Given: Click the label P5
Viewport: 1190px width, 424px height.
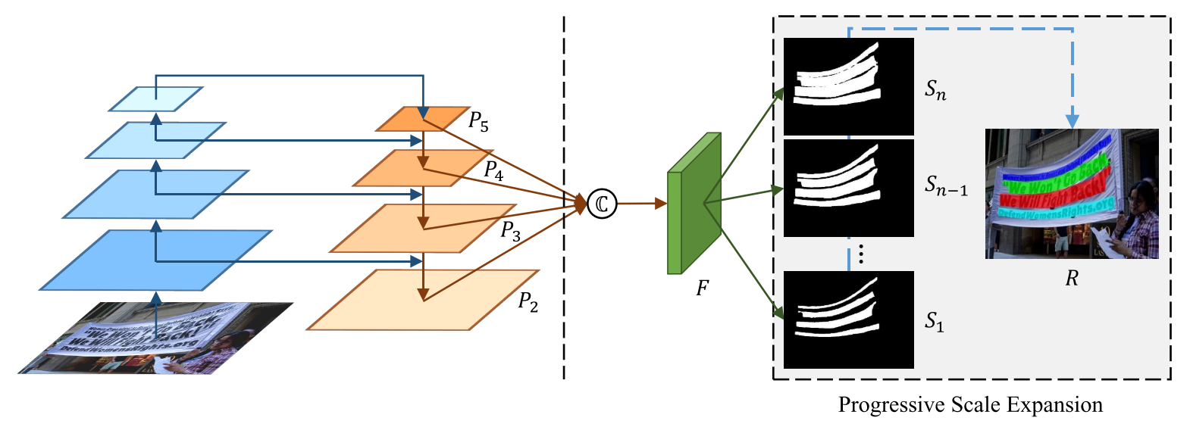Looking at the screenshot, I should [478, 121].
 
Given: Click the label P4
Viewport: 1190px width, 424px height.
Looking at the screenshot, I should [493, 170].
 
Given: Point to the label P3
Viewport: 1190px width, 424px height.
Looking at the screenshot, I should [510, 230].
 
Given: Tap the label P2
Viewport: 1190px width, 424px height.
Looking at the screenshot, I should [528, 302].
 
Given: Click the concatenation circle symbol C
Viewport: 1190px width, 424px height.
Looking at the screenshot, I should [602, 204].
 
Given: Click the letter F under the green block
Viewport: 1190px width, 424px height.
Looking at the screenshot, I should [702, 288].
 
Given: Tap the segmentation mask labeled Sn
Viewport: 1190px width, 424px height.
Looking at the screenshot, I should [848, 86].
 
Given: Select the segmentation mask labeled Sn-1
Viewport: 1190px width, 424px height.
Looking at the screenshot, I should [848, 188].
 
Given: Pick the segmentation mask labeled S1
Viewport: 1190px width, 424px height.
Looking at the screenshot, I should [848, 320].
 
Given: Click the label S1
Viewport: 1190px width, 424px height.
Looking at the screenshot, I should [934, 322].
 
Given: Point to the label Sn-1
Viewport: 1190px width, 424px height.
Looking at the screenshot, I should [945, 185].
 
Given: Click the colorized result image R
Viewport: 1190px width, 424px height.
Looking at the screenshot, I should [1071, 194].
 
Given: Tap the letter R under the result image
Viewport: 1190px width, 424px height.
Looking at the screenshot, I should [1071, 279].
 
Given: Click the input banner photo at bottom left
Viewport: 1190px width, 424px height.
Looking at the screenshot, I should [155, 338].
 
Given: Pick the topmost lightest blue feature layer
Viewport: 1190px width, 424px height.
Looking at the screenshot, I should [155, 98].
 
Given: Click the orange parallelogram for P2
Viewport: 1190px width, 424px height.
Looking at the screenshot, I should [423, 301].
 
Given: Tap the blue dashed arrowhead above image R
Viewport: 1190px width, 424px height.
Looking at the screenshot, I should [1072, 121].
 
